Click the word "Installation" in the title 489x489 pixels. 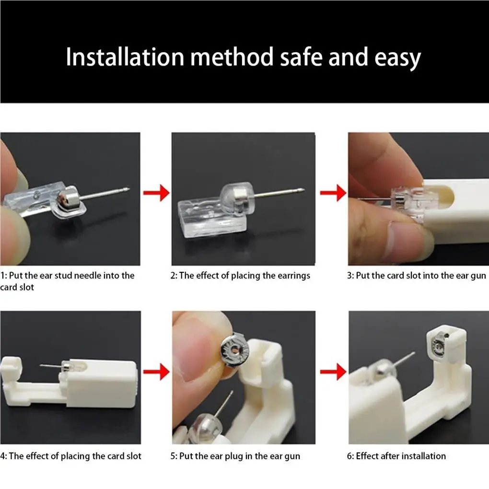coord(125,57)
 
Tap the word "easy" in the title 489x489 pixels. coord(397,58)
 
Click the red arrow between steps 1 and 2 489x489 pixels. coord(156,193)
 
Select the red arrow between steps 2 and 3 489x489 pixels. coord(333,193)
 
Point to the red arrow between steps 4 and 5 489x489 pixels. coord(156,372)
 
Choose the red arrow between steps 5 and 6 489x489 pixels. coord(333,372)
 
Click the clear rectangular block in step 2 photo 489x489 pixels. coord(212,218)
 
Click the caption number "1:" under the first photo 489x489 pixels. coord(4,276)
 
